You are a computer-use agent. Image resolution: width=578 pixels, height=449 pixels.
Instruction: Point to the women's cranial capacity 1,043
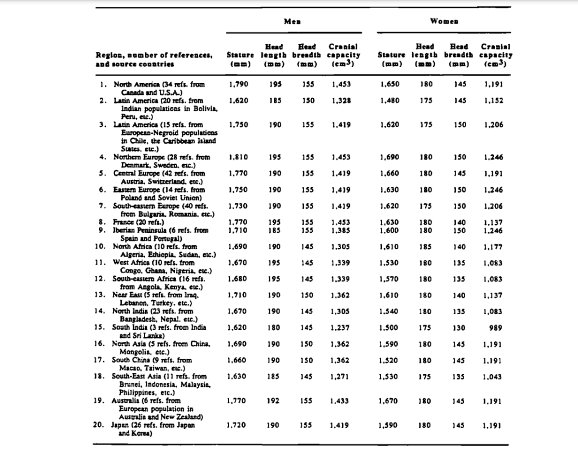coord(493,376)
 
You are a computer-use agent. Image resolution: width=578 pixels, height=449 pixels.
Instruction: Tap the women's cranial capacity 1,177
coord(493,246)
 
